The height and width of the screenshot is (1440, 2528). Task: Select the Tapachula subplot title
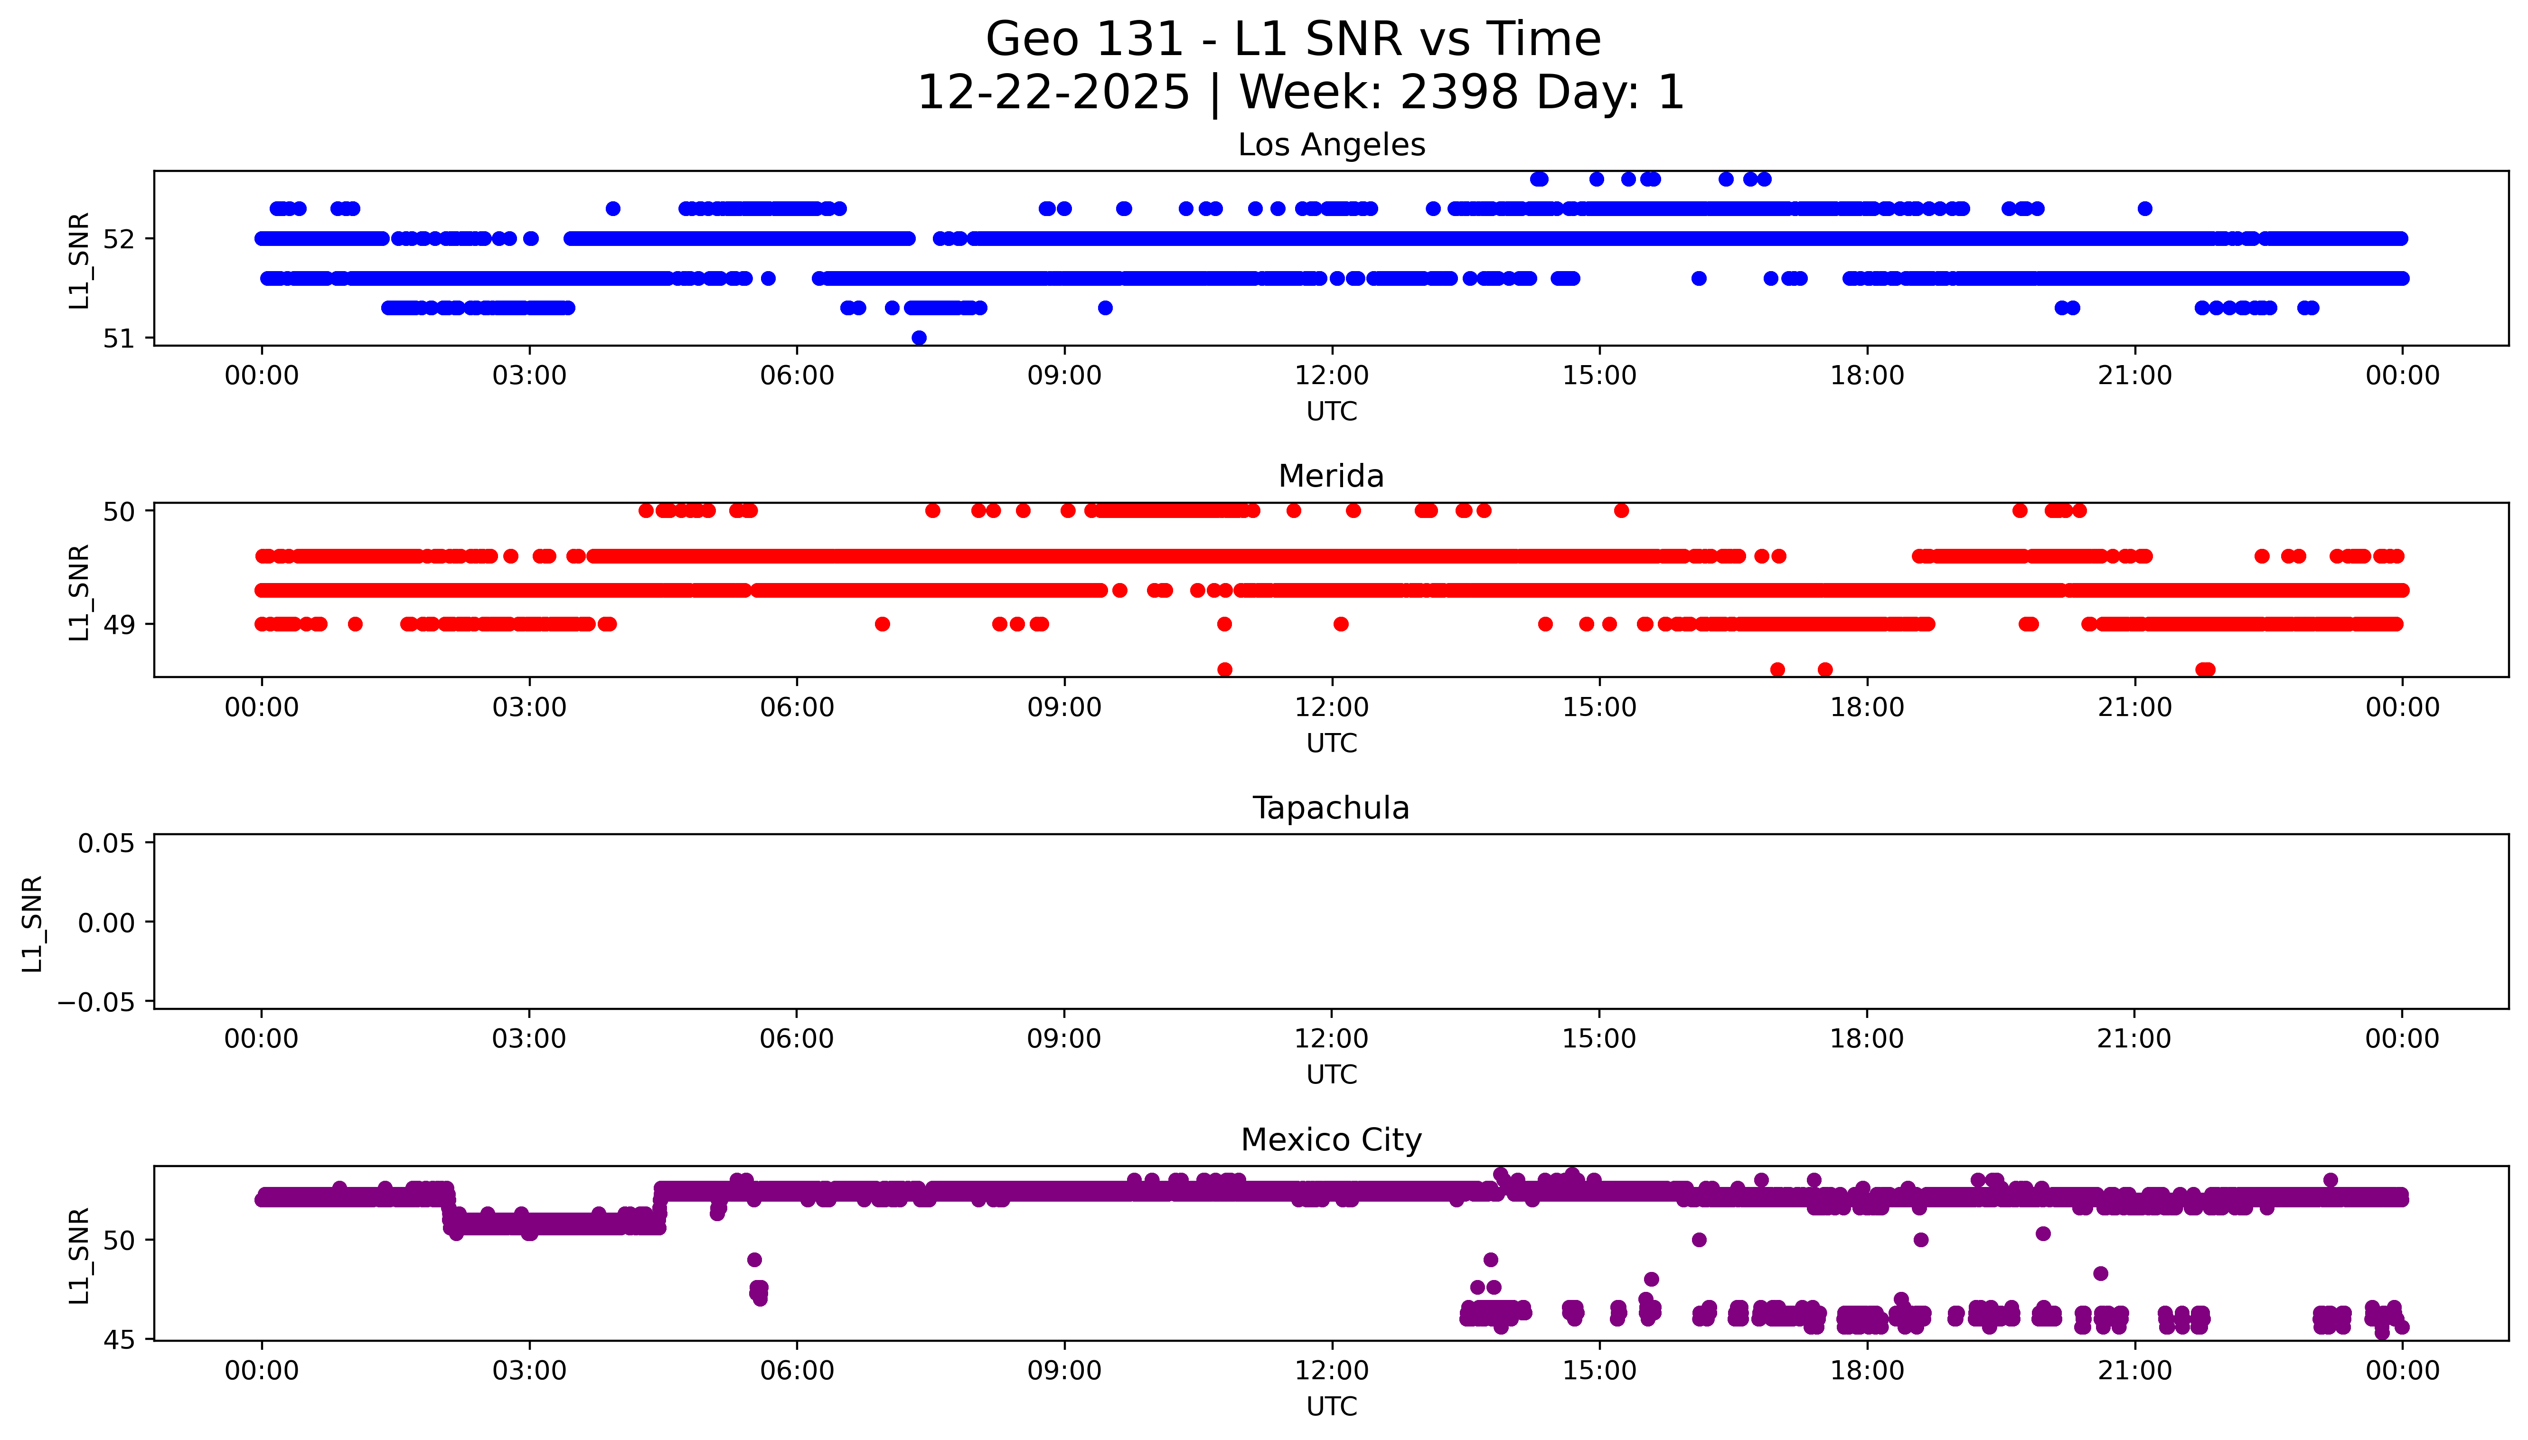[1331, 808]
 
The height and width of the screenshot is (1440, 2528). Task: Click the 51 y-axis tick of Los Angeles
[119, 338]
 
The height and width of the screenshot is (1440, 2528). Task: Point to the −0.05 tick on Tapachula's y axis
[96, 1002]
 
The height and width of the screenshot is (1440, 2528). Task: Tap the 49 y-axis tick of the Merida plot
[119, 624]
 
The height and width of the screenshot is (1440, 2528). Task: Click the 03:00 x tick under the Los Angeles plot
[529, 376]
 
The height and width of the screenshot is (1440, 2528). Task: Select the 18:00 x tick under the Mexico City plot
[1867, 1371]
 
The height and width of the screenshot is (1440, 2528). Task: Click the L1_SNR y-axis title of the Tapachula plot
[33, 923]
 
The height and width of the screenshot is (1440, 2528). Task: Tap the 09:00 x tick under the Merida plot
[1064, 707]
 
